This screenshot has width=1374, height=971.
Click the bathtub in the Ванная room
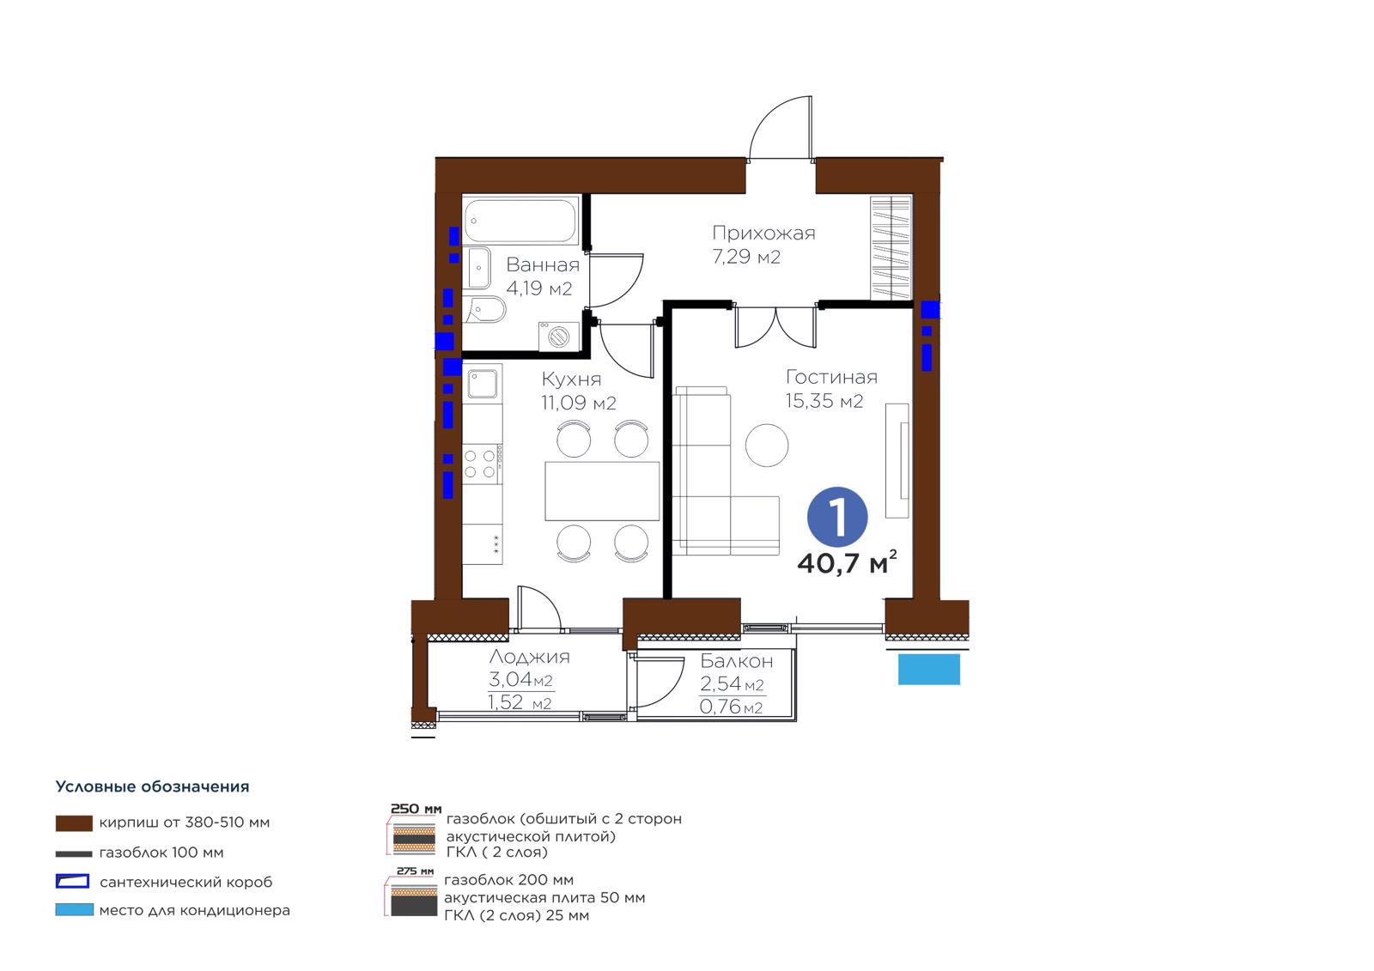pyautogui.click(x=520, y=220)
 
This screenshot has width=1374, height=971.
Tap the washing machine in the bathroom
pyautogui.click(x=559, y=337)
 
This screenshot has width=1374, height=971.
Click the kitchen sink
pyautogui.click(x=482, y=384)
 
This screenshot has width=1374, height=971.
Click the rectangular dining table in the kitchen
pyautogui.click(x=602, y=491)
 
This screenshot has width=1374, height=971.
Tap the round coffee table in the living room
pyautogui.click(x=767, y=445)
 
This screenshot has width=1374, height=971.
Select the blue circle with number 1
pyautogui.click(x=837, y=517)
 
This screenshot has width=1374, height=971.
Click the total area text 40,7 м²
pyautogui.click(x=847, y=562)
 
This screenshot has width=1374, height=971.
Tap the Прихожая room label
pyautogui.click(x=763, y=233)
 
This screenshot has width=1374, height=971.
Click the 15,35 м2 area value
pyautogui.click(x=824, y=401)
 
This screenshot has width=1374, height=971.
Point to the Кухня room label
pyautogui.click(x=571, y=379)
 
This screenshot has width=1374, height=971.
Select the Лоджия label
pyautogui.click(x=529, y=657)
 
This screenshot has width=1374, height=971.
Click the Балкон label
pyautogui.click(x=737, y=661)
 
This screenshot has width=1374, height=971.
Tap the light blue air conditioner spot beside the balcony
pyautogui.click(x=928, y=669)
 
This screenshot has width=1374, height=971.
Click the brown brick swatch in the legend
pyautogui.click(x=74, y=823)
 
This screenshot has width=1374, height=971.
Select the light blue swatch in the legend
pyautogui.click(x=74, y=910)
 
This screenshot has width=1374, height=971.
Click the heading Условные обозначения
pyautogui.click(x=152, y=787)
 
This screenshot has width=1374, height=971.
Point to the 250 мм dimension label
pyautogui.click(x=416, y=809)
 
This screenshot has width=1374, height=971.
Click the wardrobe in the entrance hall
pyautogui.click(x=891, y=248)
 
